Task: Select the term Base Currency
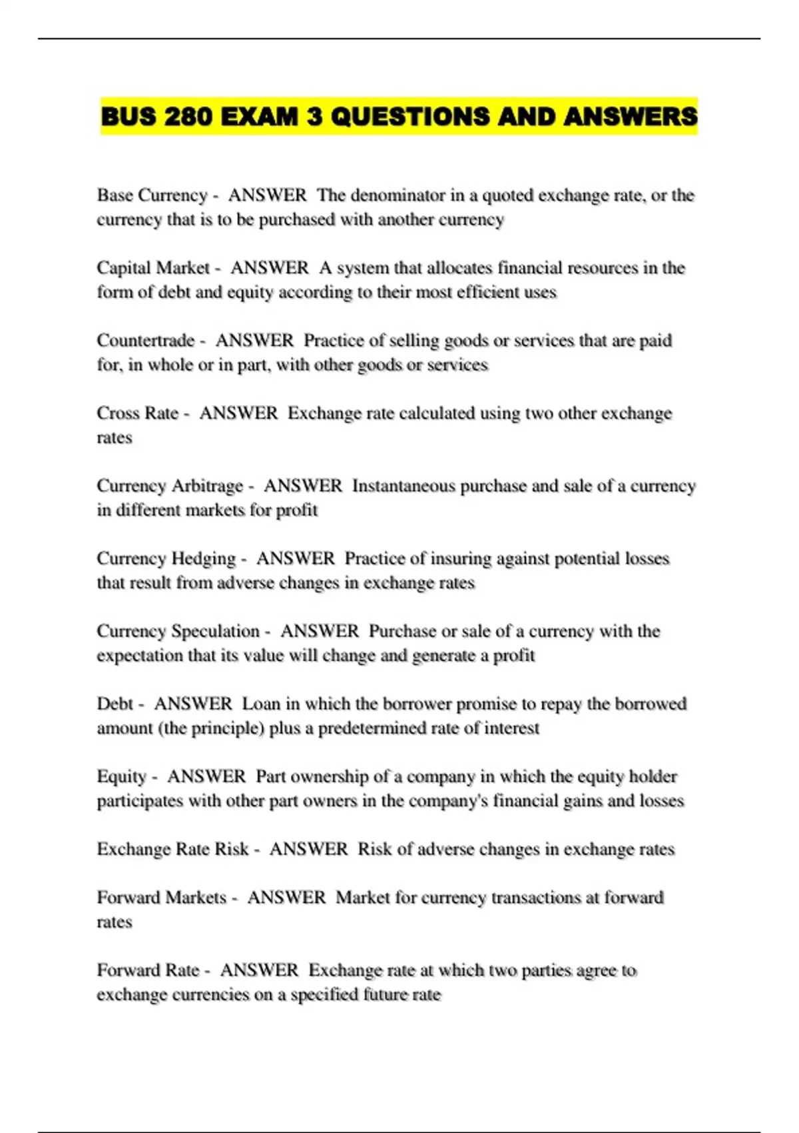152,195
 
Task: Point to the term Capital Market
153,268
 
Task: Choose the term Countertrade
146,341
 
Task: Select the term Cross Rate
138,413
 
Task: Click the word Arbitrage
207,486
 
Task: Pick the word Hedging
204,559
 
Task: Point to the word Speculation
215,631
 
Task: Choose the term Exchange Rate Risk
172,849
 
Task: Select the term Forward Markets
162,898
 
